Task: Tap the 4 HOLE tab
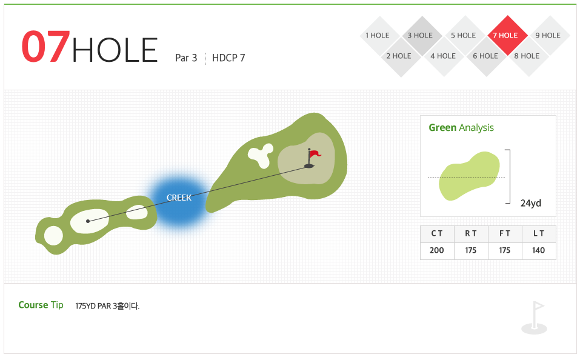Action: point(444,56)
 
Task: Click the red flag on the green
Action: point(315,153)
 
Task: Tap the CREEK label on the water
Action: point(179,198)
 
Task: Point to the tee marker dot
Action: point(88,221)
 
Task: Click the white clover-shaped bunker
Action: point(261,155)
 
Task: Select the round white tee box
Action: point(53,235)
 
